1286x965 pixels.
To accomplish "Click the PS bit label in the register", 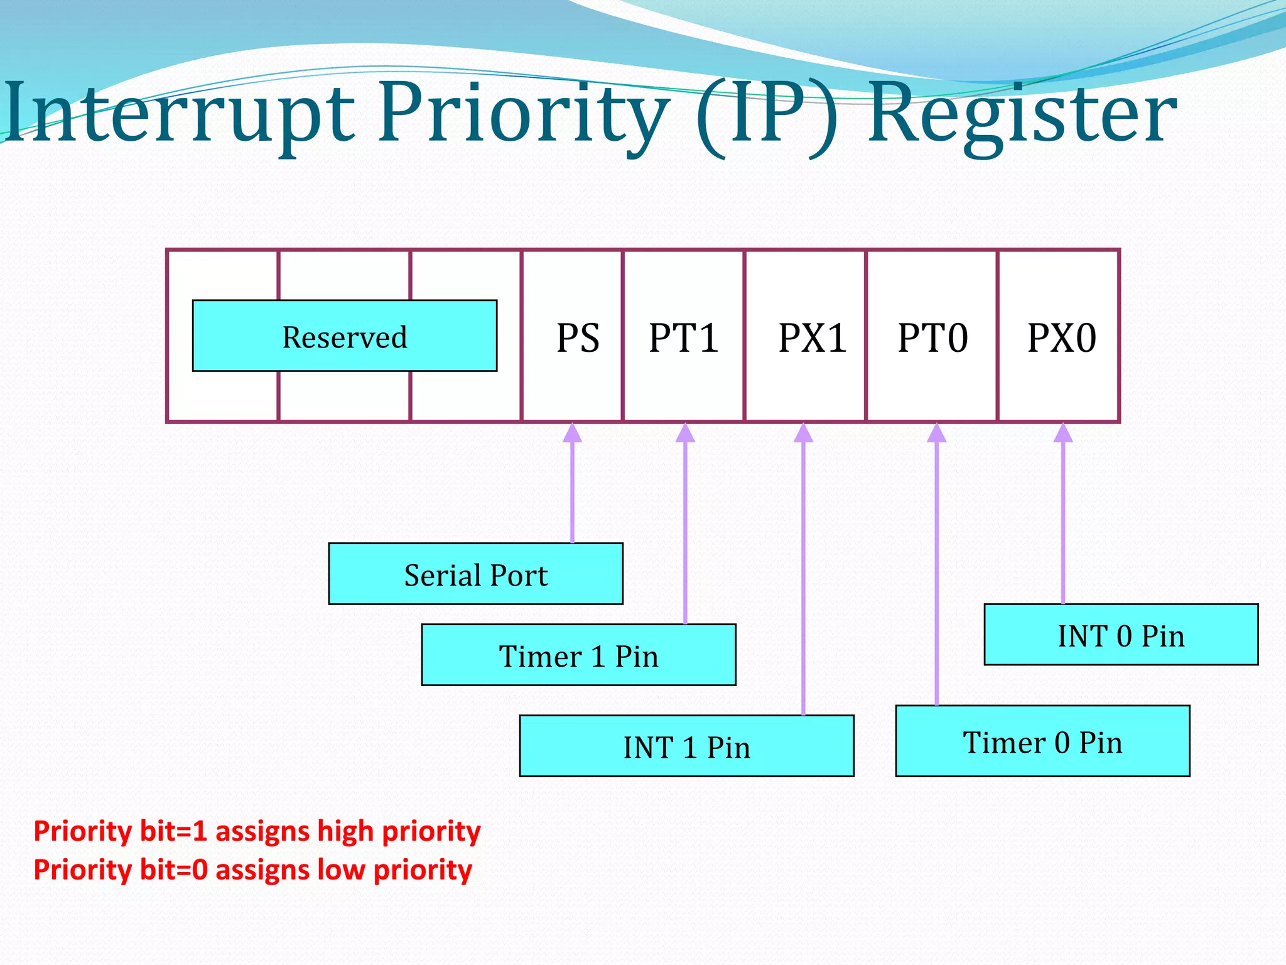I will coord(578,338).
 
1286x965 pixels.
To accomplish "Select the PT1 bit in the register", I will coord(683,338).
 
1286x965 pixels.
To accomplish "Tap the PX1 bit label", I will coord(813,338).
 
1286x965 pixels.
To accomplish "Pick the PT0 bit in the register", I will coord(932,338).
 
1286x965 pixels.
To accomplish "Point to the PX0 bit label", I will coord(1062,338).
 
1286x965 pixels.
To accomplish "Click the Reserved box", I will coord(344,336).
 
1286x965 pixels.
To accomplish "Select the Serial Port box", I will coord(475,574).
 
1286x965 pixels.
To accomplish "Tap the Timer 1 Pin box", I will coord(578,655).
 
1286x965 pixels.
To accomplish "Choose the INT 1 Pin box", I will coord(686,746).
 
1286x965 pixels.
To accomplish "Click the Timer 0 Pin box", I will coord(1042,741).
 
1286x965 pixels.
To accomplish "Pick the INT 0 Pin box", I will coord(1121,635).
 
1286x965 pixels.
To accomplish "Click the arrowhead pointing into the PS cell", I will coord(572,433).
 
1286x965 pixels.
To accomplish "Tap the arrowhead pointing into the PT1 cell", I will coord(685,433).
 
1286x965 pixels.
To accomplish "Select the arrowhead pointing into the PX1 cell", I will coord(803,433).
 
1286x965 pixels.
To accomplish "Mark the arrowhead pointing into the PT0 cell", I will coord(936,433).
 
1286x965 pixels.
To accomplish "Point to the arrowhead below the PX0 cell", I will coord(1063,433).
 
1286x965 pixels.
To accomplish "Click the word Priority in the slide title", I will coord(524,113).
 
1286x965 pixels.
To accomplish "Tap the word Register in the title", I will coord(1022,113).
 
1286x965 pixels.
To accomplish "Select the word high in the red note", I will coord(346,831).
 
